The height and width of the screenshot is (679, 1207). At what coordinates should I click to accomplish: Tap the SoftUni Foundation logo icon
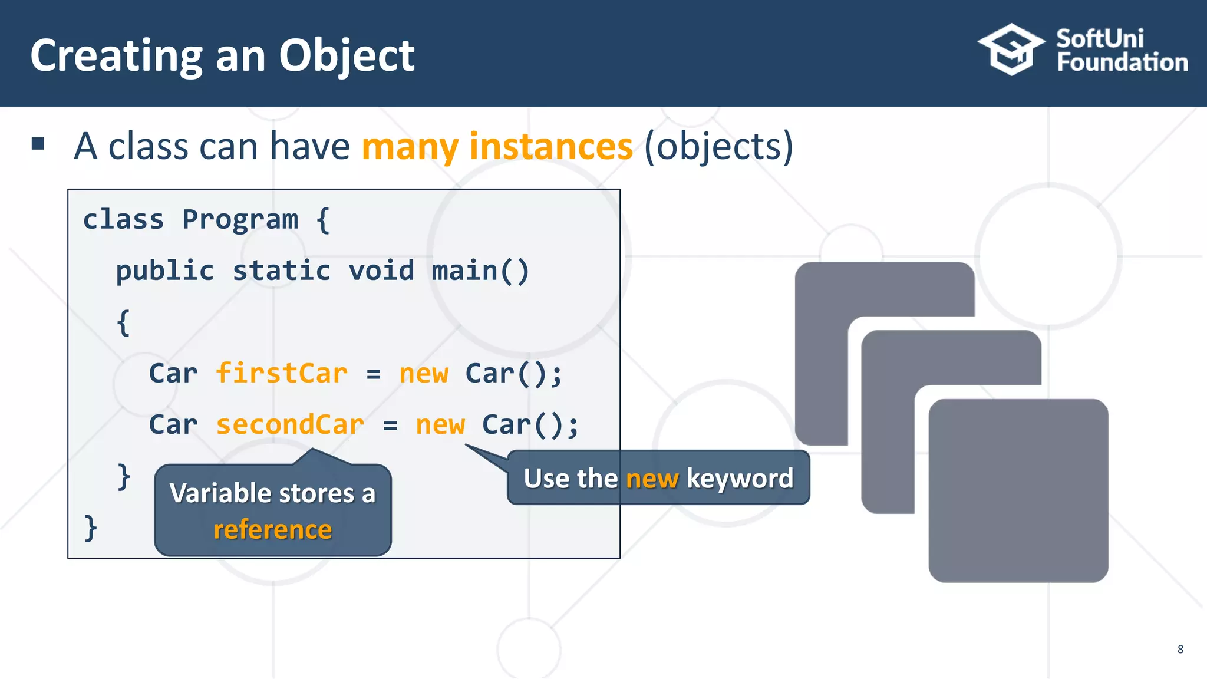pos(1011,50)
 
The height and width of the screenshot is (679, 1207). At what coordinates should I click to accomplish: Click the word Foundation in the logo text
pos(1122,62)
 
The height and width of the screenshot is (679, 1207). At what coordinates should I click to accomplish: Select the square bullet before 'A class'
pos(38,144)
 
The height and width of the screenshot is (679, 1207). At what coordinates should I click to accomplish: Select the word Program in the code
pos(240,219)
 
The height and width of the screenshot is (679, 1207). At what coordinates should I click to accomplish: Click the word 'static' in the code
pos(281,271)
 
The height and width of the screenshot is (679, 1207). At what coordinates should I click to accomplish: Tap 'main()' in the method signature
pos(480,271)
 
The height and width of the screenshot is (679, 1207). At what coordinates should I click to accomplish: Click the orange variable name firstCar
pos(282,373)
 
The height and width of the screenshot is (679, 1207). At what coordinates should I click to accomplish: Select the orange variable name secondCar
pos(290,424)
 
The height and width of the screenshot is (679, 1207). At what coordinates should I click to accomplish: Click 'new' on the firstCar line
pos(424,373)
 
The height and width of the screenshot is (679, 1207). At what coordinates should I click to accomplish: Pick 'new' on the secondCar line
pos(440,424)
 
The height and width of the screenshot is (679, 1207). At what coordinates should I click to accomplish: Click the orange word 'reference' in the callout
pos(272,529)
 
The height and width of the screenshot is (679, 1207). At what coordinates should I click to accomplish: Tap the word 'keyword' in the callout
pos(740,478)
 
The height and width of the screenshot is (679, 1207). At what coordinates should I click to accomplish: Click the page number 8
pos(1180,649)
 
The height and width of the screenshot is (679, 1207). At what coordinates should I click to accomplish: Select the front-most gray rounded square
pos(1018,490)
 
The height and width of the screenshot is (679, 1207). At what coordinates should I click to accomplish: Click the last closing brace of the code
pos(90,528)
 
